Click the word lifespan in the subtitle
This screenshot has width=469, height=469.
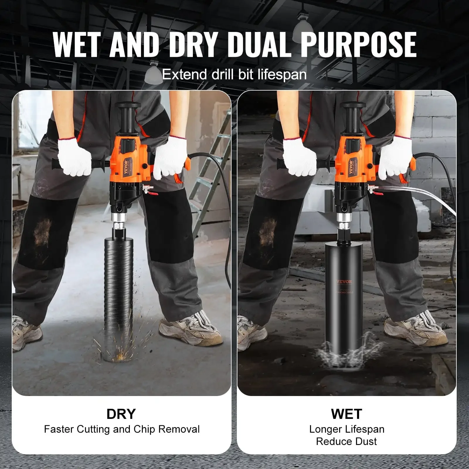282,74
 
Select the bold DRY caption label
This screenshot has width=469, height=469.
121,414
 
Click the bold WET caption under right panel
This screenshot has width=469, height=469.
346,414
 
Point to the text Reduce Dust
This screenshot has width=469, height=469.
346,441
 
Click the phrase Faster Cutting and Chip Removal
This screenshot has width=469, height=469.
122,429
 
